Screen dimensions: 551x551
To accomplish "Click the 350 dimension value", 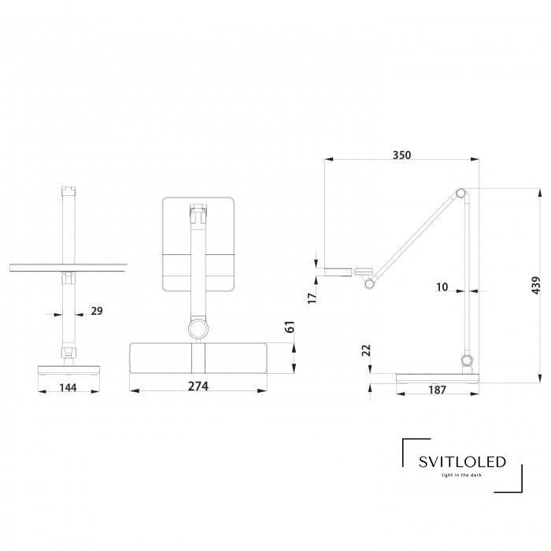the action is [401, 155].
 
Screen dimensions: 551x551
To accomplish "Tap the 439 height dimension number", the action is [536, 285].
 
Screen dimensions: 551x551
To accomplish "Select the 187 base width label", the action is [437, 390].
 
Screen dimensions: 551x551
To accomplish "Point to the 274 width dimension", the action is [198, 386].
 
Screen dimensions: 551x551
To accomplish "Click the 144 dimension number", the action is [68, 387].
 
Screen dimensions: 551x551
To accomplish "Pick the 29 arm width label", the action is [97, 311].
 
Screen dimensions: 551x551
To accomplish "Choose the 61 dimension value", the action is [290, 327].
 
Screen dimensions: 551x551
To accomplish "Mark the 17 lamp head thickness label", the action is [312, 298].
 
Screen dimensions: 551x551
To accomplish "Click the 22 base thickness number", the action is [366, 350].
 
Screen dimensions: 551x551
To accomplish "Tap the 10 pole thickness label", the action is [442, 287].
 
